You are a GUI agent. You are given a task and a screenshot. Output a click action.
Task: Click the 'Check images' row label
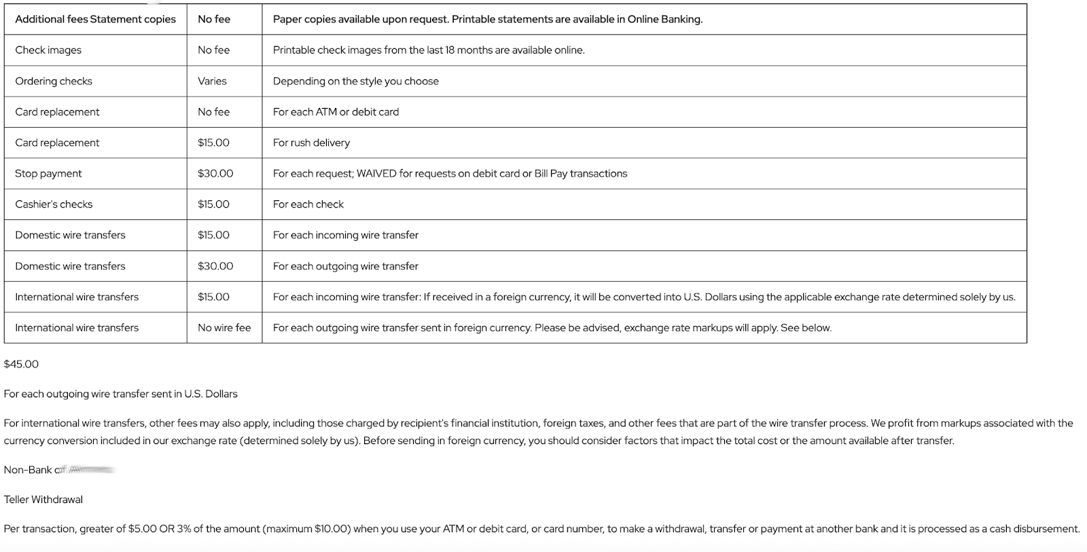coord(48,50)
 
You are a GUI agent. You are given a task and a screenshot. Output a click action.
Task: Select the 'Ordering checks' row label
coord(54,81)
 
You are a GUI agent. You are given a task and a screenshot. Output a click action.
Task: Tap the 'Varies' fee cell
coord(212,81)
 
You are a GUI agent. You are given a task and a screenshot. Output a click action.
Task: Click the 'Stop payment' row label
coord(48,174)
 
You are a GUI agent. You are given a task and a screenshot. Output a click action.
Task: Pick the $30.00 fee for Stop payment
coord(215,174)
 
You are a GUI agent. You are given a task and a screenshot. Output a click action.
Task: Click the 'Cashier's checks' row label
coord(54,204)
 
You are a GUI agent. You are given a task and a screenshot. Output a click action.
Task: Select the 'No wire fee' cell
coord(224,328)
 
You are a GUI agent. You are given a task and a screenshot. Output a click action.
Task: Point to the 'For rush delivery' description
coord(311,143)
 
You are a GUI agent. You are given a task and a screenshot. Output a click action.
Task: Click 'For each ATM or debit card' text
coord(336,112)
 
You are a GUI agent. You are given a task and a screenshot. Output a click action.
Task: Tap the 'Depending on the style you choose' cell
coord(355,81)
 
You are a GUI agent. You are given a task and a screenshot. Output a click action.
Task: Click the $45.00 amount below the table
coord(21,365)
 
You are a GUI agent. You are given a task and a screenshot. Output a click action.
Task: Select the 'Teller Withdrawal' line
coord(43,500)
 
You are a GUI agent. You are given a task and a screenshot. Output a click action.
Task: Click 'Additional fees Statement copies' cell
coord(95,20)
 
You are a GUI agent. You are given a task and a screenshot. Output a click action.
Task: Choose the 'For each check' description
coord(308,204)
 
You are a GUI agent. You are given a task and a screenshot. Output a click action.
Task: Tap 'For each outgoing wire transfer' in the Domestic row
coord(345,266)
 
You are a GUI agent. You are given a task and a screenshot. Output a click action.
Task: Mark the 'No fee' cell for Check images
coord(213,50)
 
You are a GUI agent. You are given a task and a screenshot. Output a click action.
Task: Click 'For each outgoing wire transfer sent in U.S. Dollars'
coord(121,394)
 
